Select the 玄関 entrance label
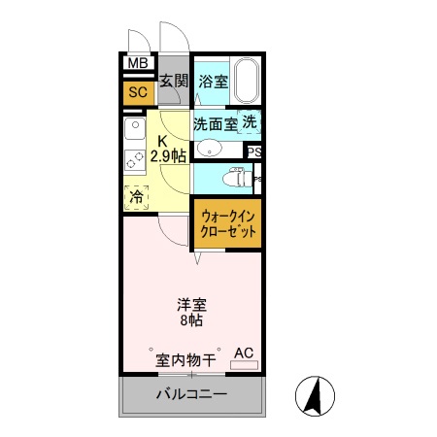click(x=175, y=83)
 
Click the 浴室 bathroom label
click(x=213, y=83)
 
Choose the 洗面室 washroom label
click(x=214, y=123)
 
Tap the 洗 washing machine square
click(x=251, y=122)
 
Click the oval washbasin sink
click(x=208, y=149)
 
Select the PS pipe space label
click(x=254, y=151)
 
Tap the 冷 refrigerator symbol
click(x=135, y=194)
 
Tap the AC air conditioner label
click(x=243, y=353)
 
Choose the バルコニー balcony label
click(x=191, y=395)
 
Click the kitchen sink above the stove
click(x=133, y=128)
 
